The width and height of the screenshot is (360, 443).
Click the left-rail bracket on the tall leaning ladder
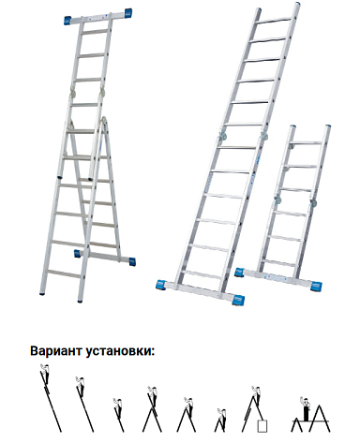(x=223, y=141)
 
